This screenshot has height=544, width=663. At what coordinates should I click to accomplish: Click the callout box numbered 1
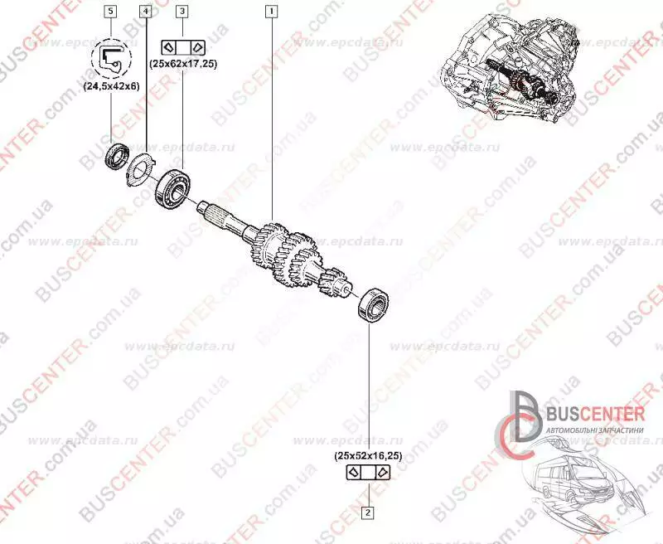point(270,12)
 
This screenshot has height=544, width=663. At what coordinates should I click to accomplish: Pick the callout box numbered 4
point(146,12)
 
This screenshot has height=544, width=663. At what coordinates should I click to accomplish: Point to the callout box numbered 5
point(110,12)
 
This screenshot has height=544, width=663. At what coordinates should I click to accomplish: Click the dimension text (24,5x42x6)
point(111,85)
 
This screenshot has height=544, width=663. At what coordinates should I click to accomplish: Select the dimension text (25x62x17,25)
point(182,65)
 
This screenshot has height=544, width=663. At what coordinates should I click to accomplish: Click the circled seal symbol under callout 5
point(110,56)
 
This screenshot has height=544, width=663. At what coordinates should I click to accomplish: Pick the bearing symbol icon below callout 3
point(182,46)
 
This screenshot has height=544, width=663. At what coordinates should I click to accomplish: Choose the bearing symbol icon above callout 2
point(368,473)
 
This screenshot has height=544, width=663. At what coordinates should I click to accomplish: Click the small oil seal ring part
point(115,155)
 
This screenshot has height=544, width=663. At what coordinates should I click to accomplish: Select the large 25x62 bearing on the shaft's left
point(175,187)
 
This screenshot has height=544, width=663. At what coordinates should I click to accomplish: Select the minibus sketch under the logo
point(572,489)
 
